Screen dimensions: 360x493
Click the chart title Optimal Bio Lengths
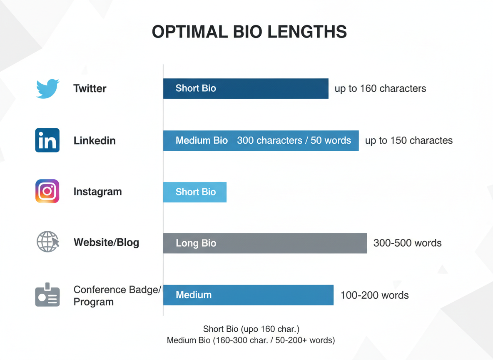point(249,32)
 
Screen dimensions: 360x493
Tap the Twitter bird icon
point(47,88)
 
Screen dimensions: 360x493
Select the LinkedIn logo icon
point(47,140)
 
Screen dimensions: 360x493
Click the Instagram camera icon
point(47,191)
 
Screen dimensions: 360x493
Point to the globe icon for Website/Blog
point(47,242)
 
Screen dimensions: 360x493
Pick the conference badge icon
point(47,295)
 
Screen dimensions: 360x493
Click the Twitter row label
point(90,88)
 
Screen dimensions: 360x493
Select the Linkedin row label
point(95,140)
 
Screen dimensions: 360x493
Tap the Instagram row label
point(97,192)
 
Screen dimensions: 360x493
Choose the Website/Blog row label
point(106,242)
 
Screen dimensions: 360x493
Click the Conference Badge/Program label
point(117,295)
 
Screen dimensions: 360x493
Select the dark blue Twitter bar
point(246,88)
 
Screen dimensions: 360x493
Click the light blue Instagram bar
point(195,192)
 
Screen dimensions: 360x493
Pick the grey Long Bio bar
point(265,243)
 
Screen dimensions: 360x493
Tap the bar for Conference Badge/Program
point(248,295)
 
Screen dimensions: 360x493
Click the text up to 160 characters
point(380,88)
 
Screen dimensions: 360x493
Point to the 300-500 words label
point(407,243)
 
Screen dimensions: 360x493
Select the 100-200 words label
point(374,295)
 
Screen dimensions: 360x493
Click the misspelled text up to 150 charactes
point(408,140)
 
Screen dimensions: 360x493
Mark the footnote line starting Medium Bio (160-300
point(251,340)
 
